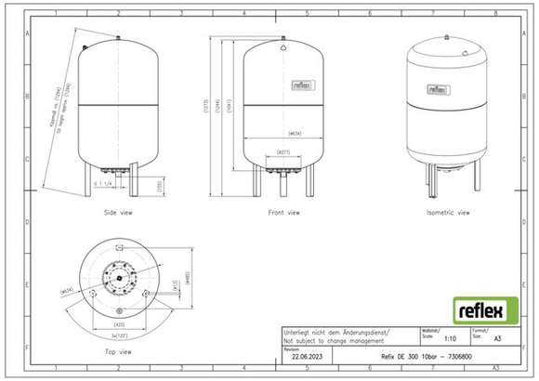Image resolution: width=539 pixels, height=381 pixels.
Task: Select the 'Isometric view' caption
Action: pyautogui.click(x=448, y=213)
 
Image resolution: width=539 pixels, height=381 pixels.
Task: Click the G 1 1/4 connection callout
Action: pyautogui.click(x=104, y=185)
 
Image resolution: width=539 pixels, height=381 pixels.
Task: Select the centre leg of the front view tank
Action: pyautogui.click(x=283, y=183)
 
